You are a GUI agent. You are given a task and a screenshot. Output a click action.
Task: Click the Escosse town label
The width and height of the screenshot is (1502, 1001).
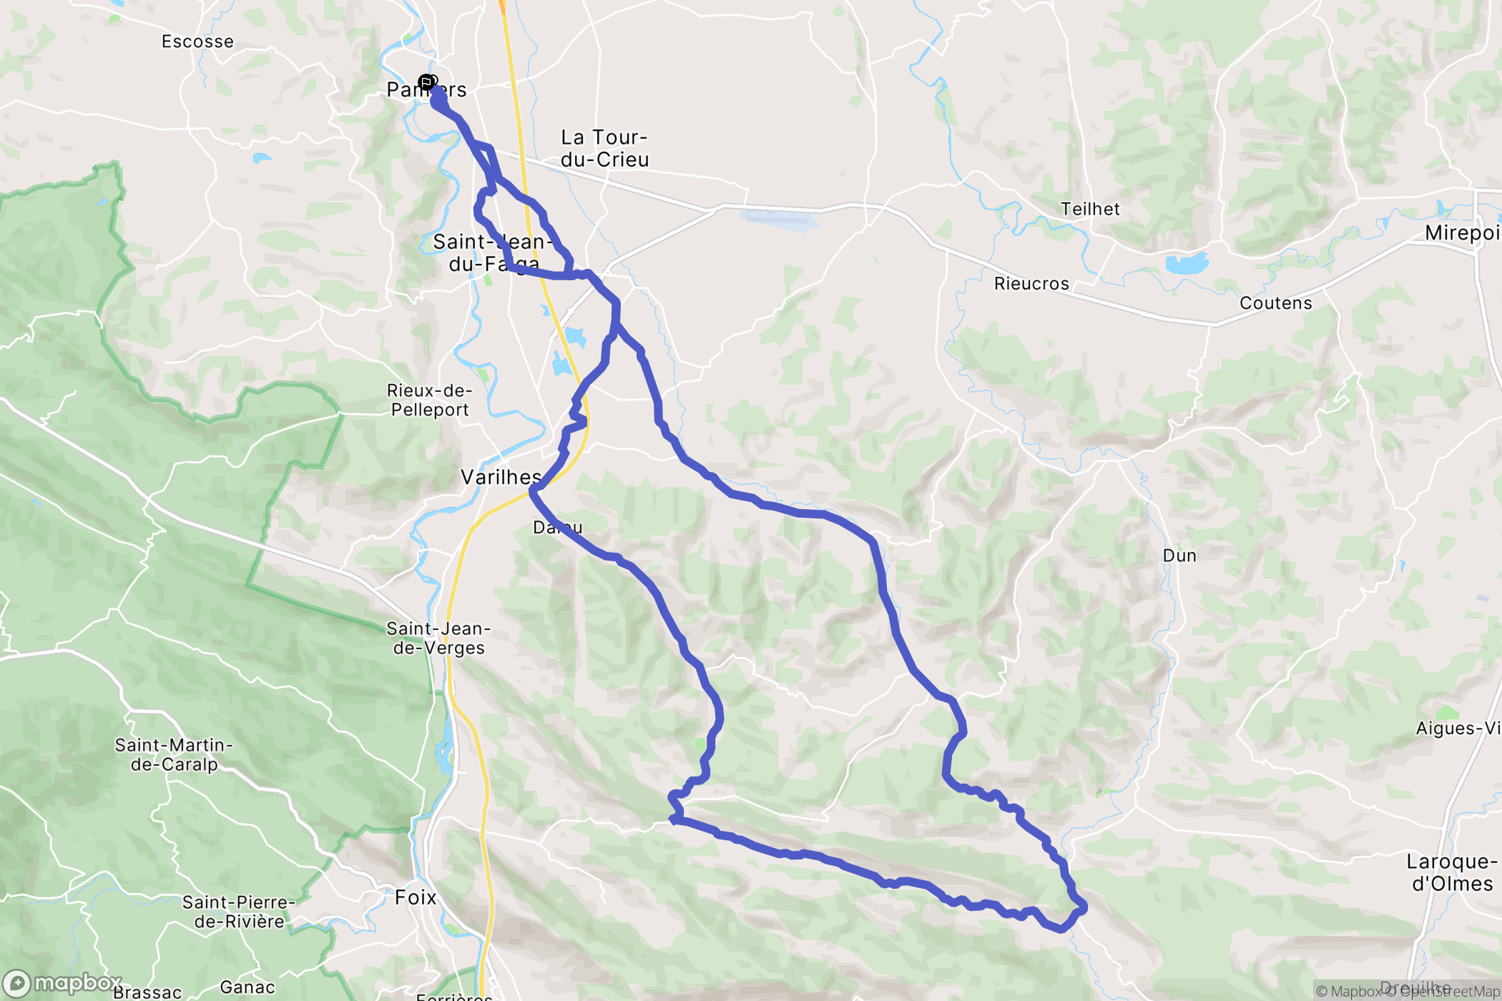click(x=197, y=41)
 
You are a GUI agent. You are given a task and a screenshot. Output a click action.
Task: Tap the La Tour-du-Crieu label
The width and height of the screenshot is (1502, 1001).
click(x=604, y=148)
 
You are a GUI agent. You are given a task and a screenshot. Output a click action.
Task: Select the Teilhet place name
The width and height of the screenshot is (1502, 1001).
click(x=1090, y=209)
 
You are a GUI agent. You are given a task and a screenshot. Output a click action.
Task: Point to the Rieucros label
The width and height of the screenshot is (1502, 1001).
click(x=1031, y=284)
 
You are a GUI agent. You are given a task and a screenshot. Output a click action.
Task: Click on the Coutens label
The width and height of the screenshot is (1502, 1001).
click(x=1276, y=303)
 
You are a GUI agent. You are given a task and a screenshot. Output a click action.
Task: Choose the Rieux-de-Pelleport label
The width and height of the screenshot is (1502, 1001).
click(x=429, y=400)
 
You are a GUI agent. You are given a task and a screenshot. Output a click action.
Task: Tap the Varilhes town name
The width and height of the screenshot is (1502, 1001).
click(x=501, y=477)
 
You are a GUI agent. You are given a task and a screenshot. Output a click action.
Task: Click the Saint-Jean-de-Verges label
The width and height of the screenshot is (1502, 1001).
click(x=438, y=638)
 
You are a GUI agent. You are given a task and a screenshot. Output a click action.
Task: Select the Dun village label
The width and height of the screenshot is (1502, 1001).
click(x=1179, y=556)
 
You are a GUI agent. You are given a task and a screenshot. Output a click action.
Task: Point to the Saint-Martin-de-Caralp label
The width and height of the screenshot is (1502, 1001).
click(x=174, y=754)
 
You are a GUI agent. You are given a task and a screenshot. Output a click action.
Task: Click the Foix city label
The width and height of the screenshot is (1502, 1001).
click(x=415, y=897)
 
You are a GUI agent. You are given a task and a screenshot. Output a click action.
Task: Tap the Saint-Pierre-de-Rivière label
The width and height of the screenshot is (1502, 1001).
click(x=238, y=912)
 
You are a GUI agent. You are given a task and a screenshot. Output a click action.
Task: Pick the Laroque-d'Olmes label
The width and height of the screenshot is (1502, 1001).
click(x=1452, y=872)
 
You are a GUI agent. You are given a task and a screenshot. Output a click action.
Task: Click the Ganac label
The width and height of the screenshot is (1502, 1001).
click(x=247, y=987)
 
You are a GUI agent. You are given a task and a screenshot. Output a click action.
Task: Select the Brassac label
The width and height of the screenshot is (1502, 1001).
click(x=147, y=992)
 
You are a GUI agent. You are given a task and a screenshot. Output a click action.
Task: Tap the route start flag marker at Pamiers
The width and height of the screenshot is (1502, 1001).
click(x=427, y=83)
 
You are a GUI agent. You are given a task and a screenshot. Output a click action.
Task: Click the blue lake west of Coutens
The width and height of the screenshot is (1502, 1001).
click(x=1187, y=264)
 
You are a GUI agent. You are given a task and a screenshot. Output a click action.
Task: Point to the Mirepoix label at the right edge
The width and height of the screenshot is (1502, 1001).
click(x=1462, y=233)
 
